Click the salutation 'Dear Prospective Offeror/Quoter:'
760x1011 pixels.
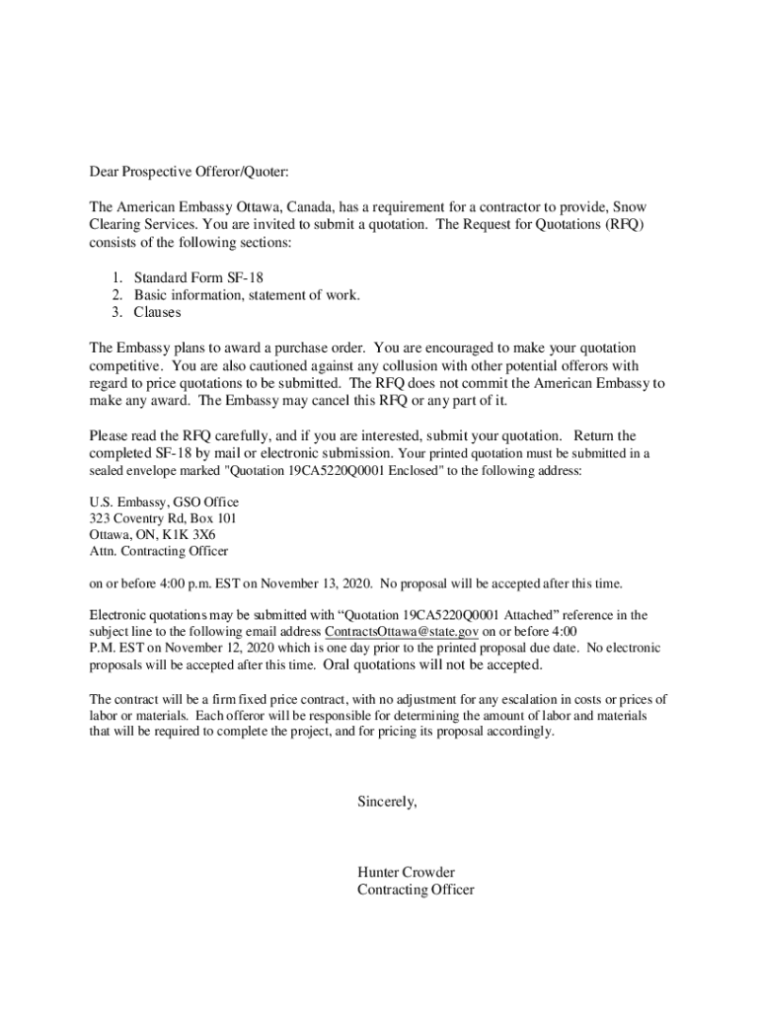(190, 172)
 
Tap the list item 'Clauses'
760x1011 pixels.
(158, 313)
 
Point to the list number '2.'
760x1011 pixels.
(116, 295)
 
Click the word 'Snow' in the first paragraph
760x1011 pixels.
(630, 207)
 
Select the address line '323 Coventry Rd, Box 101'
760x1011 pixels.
(163, 518)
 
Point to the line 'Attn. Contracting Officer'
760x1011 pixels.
(159, 552)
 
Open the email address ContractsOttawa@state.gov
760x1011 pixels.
(402, 632)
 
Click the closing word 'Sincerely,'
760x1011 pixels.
(387, 803)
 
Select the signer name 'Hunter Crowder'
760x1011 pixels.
(406, 873)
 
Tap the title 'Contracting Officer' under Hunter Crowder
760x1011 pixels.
(416, 890)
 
